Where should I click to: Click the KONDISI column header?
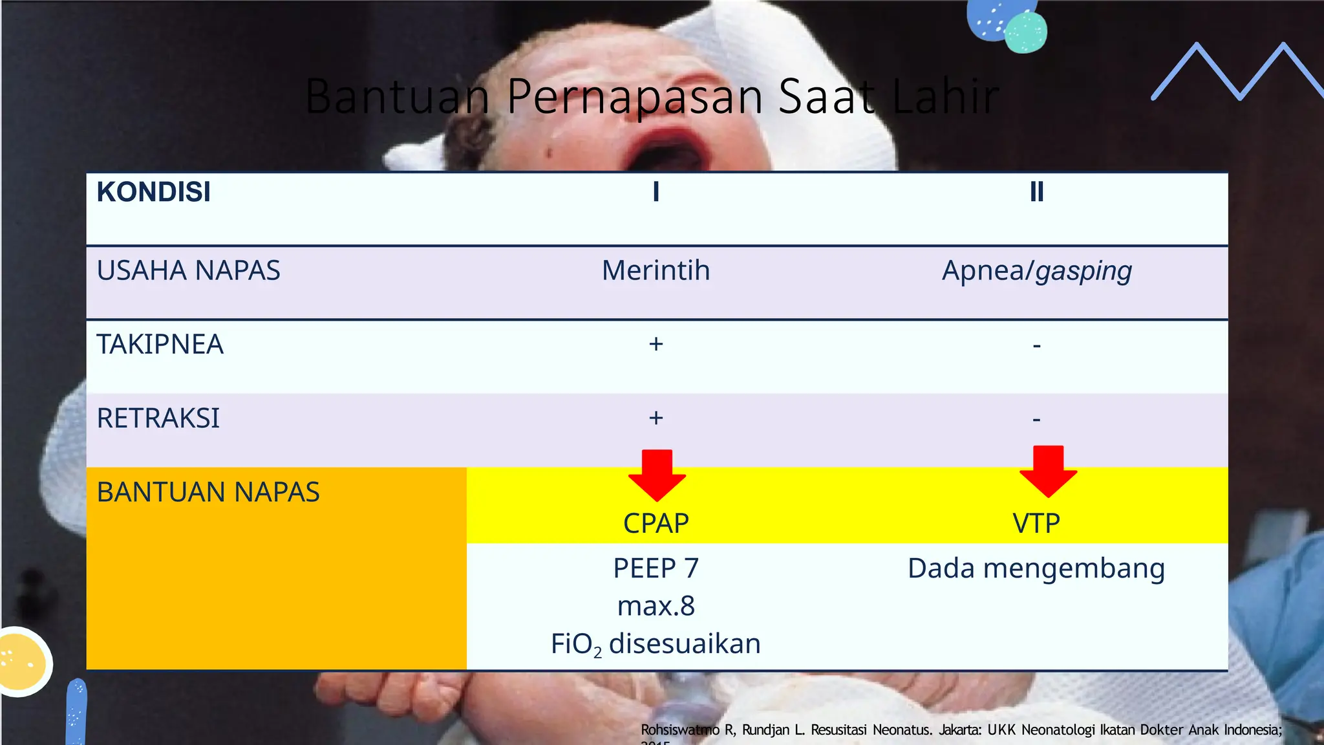pos(154,192)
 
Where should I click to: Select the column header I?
pos(656,192)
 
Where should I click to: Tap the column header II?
pos(1036,192)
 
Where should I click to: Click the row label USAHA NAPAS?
pos(188,270)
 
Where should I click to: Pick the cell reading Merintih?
pos(656,270)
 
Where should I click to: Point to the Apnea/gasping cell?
pos(1036,270)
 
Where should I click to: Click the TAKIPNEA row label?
pos(160,344)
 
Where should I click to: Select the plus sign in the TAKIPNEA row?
pos(656,344)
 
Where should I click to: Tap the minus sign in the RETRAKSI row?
pos(1036,420)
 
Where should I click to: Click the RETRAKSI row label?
pos(158,418)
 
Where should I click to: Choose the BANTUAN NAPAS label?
pos(208,492)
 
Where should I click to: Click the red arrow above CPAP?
pos(657,475)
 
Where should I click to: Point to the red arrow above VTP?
pos(1048,471)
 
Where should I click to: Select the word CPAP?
pos(656,523)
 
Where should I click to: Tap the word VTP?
pos(1036,523)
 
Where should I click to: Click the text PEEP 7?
pos(656,568)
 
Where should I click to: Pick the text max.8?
pos(656,606)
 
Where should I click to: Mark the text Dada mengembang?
pos(1036,568)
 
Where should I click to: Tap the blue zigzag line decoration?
pos(1240,71)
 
